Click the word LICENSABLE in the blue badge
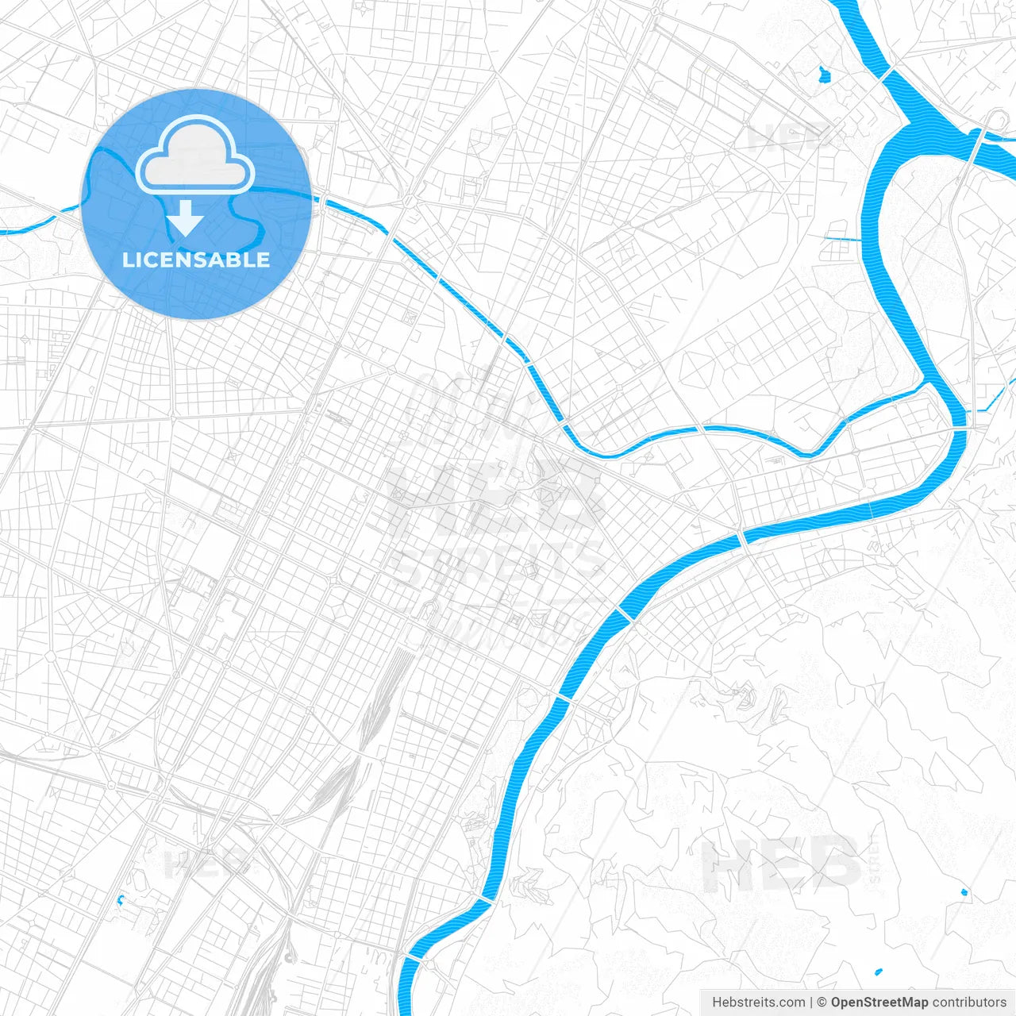click(196, 260)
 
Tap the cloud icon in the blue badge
click(195, 155)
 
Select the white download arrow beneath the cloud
click(186, 218)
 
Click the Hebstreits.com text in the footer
click(758, 1003)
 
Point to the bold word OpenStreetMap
click(879, 1003)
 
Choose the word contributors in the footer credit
click(968, 1003)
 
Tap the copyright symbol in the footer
click(822, 1003)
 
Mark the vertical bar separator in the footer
click(811, 1003)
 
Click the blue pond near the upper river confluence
click(824, 75)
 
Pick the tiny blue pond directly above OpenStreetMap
click(879, 972)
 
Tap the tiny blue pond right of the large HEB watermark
click(964, 892)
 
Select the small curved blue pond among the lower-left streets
click(121, 899)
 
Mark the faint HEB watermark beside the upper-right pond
click(790, 137)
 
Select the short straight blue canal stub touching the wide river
click(841, 238)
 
